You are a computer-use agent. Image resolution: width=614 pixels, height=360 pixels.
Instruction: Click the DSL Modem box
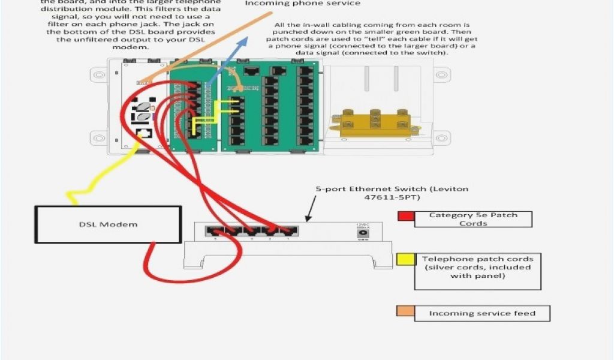108,224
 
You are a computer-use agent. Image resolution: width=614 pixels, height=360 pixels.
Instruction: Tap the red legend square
406,216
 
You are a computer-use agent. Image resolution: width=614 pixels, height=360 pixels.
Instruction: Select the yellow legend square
405,259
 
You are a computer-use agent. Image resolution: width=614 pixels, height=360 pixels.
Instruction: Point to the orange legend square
405,311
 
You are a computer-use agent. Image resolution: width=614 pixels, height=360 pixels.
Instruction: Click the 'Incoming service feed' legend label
482,313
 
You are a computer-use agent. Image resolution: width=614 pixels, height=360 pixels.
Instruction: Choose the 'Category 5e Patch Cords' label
473,219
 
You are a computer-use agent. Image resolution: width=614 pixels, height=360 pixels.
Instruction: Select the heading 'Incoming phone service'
303,4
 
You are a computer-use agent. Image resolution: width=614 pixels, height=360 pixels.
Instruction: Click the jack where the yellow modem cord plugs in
143,135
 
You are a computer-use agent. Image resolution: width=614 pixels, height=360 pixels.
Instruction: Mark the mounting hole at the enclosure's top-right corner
441,75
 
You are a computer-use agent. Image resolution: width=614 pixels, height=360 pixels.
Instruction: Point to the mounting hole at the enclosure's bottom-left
97,139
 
